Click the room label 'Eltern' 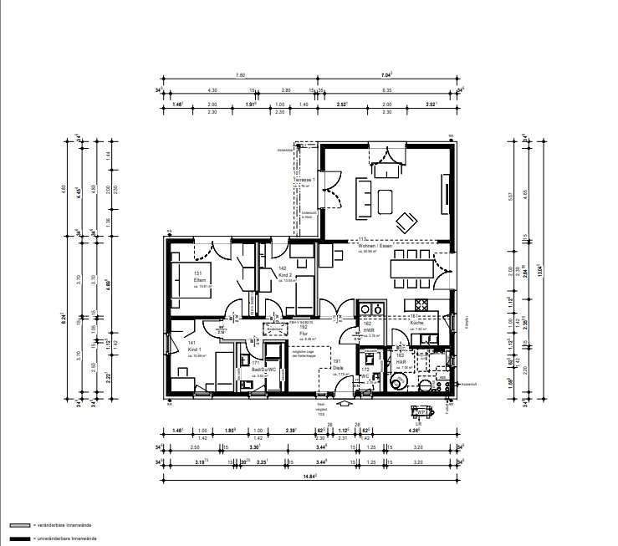199,279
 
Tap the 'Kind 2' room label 283,273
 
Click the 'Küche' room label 416,322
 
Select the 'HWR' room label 367,329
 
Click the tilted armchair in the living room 407,222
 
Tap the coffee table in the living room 386,202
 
